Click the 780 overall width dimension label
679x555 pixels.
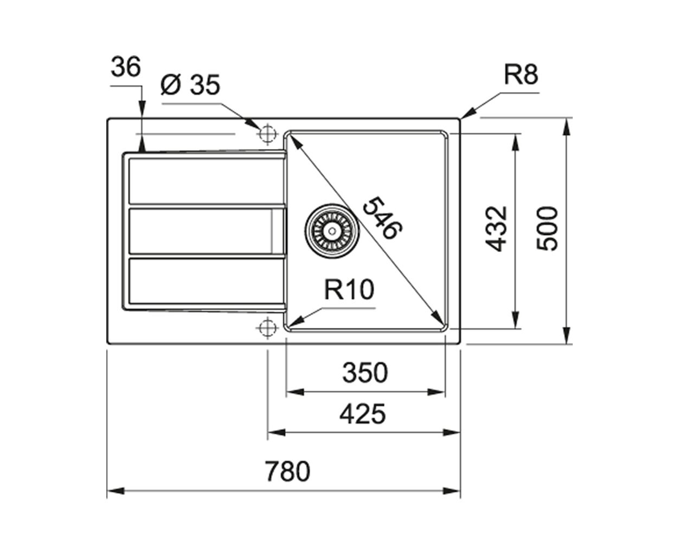(x=288, y=471)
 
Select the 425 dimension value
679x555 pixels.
(x=362, y=414)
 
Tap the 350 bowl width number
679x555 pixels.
(x=365, y=372)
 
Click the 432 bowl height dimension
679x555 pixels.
(x=496, y=229)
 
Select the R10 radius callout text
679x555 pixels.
(x=349, y=289)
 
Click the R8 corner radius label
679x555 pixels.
(x=521, y=75)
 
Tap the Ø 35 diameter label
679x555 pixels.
(x=190, y=85)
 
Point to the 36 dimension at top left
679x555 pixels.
(x=126, y=67)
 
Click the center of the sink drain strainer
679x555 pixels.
(x=332, y=231)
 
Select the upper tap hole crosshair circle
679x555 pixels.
(x=267, y=133)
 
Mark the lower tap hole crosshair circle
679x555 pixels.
(x=267, y=328)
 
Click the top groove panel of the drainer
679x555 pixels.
(x=206, y=181)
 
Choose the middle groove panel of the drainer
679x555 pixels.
(x=206, y=231)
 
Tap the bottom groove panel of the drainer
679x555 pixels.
(x=206, y=281)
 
